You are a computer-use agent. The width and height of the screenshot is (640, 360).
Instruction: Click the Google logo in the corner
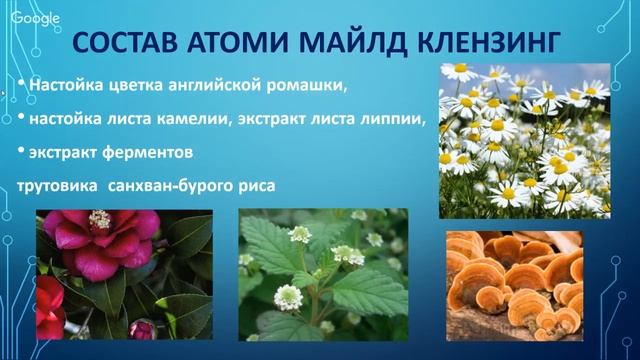coord(34,20)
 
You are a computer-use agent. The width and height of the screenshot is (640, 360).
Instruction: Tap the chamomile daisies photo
coord(525,140)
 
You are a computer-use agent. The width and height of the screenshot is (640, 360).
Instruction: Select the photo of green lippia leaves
coord(322,275)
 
